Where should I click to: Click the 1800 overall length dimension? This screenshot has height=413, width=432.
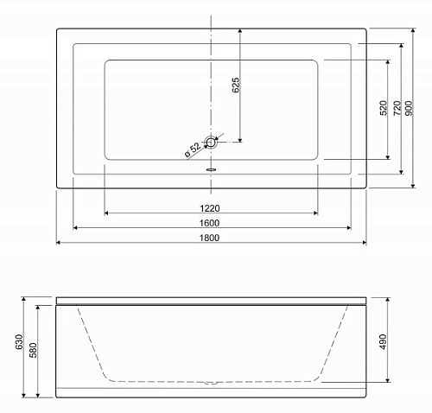click(209, 238)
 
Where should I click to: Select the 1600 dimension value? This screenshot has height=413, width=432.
click(209, 223)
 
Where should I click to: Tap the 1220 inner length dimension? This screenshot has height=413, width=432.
click(210, 208)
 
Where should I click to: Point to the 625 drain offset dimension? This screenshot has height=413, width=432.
click(235, 85)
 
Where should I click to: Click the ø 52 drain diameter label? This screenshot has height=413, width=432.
click(193, 150)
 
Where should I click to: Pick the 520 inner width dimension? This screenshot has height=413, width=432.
click(384, 108)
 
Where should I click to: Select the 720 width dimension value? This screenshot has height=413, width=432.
click(397, 108)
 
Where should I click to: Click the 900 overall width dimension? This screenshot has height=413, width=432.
click(409, 108)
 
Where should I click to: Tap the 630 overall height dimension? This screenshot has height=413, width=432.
click(19, 342)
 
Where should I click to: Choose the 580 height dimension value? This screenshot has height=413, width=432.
click(34, 350)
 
